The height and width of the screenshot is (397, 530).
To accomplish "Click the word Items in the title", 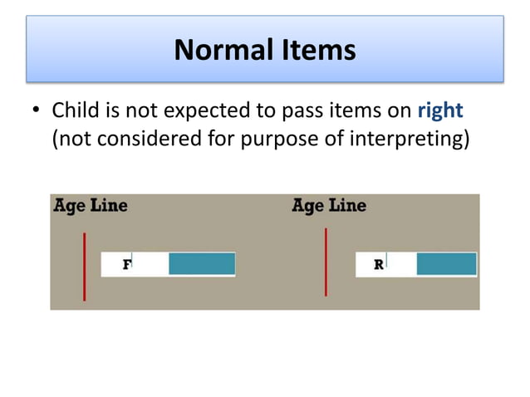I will click(317, 51).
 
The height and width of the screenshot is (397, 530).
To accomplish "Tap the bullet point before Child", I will click(34, 110).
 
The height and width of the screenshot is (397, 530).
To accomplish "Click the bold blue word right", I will click(439, 110).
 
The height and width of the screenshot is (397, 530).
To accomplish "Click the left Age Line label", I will click(91, 205).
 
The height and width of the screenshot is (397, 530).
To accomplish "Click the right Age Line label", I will click(329, 205).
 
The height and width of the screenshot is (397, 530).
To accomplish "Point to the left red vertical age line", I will click(84, 267).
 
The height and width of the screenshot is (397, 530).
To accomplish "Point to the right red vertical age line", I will click(326, 262).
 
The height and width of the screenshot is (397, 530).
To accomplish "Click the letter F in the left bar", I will click(127, 264).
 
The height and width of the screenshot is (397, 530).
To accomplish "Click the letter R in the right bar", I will click(379, 264).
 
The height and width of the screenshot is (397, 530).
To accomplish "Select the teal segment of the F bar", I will click(202, 264).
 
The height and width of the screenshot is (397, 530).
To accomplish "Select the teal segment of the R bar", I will click(446, 264).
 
